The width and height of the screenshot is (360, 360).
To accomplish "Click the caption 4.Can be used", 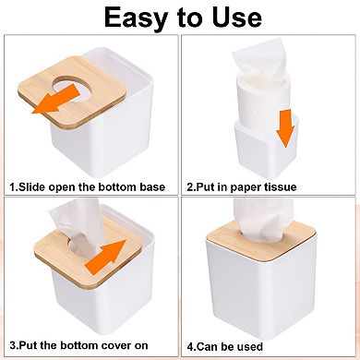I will (x=242, y=345).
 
